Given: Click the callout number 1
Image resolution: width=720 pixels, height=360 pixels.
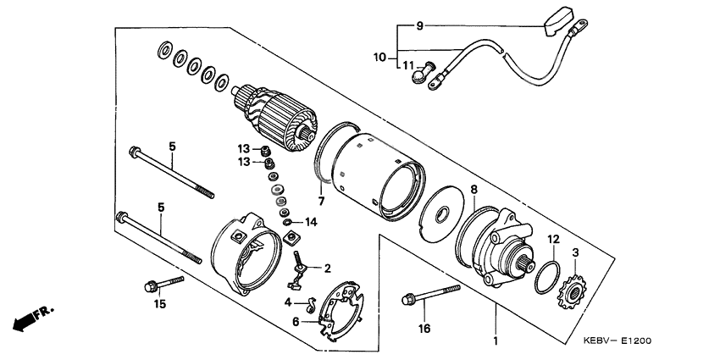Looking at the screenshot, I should click(x=496, y=343).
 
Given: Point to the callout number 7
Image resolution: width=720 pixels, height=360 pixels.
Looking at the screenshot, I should click(x=321, y=201).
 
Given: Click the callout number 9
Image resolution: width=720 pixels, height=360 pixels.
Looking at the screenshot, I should click(x=418, y=26).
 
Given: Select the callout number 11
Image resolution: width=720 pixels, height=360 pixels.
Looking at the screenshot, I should click(x=408, y=65).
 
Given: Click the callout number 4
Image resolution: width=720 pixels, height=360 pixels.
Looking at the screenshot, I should click(x=288, y=302).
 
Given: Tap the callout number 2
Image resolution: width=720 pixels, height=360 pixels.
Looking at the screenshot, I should click(x=326, y=269).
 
